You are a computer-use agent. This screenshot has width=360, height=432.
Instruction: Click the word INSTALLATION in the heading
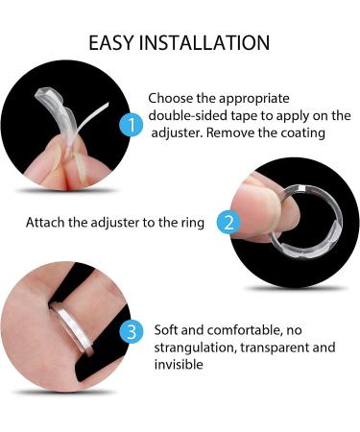204,43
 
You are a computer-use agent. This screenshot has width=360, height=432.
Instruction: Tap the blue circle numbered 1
132,124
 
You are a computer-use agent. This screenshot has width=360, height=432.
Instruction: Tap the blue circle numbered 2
228,222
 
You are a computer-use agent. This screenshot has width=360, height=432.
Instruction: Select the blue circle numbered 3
132,332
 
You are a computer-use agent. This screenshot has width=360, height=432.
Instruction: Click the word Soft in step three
166,330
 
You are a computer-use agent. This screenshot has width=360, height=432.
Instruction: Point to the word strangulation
195,348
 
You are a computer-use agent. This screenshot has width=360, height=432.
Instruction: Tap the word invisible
179,365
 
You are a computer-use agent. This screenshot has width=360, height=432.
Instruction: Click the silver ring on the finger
74,329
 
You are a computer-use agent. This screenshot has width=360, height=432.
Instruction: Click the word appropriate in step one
254,99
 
